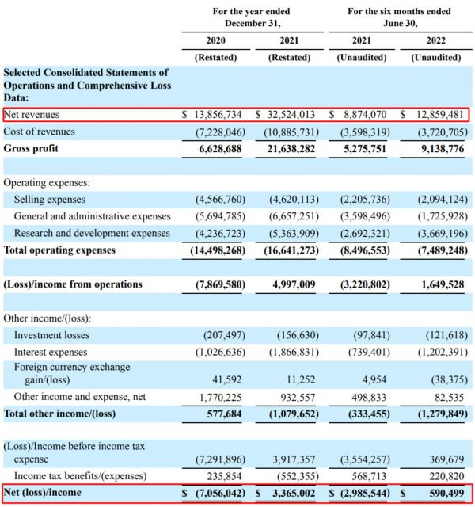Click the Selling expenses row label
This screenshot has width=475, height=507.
(x=50, y=200)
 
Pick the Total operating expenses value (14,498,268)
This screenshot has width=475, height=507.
(x=216, y=250)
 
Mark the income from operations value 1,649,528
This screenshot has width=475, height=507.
(x=436, y=284)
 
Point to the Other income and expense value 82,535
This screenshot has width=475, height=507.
(x=446, y=396)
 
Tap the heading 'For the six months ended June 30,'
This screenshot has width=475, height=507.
(x=399, y=17)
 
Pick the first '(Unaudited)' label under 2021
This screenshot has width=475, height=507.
(x=362, y=57)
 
